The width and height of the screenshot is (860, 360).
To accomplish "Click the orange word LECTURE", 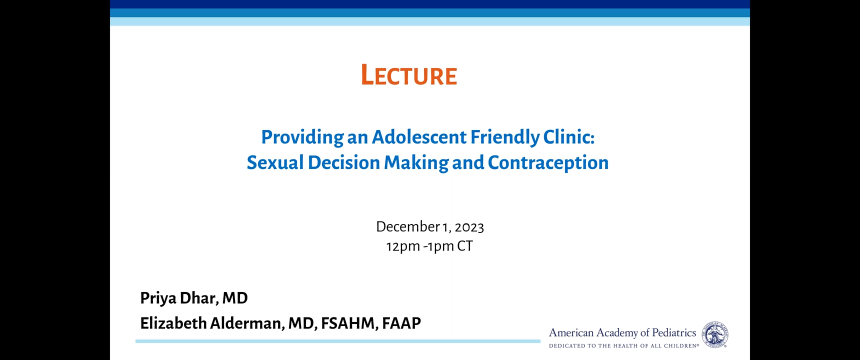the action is coord(409,75).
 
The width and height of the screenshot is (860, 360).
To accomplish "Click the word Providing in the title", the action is coord(302,137).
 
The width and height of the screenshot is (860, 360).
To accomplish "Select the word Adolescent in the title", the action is coord(419,136).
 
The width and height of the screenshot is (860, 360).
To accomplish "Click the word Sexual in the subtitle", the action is coord(275,162).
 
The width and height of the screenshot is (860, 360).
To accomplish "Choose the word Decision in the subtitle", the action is coord(344,162).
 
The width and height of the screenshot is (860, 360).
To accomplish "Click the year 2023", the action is coord(469,227).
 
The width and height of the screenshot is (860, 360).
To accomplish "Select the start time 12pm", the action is coord(403,246).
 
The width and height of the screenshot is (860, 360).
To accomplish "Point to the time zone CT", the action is coord(465,246).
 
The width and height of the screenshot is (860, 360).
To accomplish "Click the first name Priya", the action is coord(158,298).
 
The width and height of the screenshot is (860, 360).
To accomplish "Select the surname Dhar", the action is coord(199,298).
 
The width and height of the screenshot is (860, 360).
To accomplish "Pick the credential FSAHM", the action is coord(349,323).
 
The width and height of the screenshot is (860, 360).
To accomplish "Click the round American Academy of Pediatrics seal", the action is coord(715,334).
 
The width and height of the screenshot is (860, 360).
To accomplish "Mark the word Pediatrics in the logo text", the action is coord(674,332).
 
